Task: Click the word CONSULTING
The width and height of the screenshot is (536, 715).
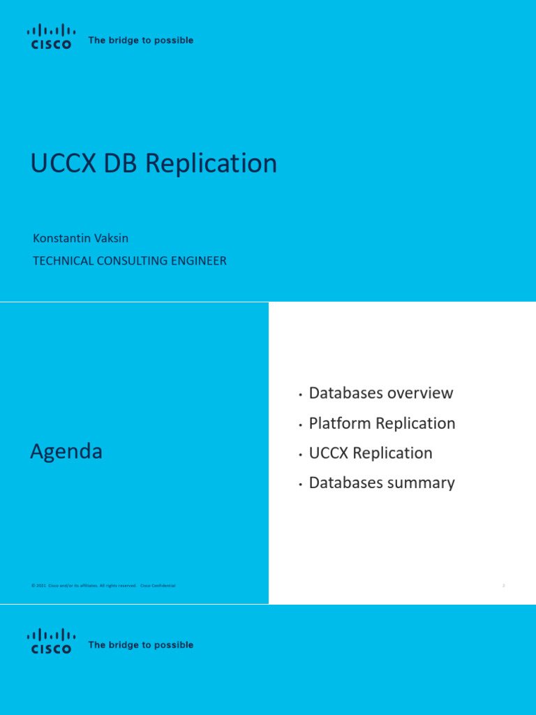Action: pos(132,261)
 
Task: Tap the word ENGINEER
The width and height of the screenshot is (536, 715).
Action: pos(200,261)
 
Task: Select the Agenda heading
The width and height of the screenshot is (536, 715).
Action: pos(66,452)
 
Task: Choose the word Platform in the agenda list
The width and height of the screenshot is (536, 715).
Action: pos(340,423)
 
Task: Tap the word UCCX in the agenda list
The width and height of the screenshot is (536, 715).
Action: pos(329,453)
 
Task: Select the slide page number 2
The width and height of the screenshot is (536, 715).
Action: pos(503,586)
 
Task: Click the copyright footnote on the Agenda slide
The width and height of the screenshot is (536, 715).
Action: pos(103,586)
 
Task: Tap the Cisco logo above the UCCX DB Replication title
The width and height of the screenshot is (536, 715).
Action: pos(49,36)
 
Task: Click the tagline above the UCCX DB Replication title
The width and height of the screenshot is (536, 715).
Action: pos(141,40)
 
